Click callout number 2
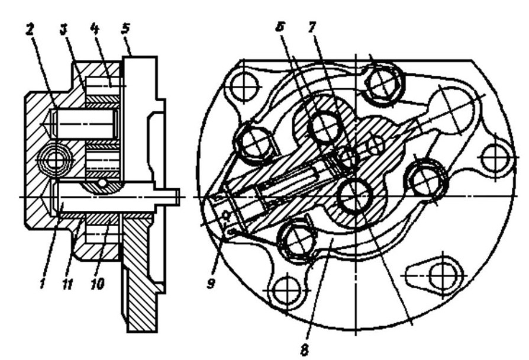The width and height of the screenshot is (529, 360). pos(30,30)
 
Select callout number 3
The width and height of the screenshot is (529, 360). pos(63,30)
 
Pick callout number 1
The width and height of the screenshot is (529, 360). pos(43,283)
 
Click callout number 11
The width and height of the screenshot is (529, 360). pos(67,284)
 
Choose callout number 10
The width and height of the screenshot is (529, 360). pos(98,284)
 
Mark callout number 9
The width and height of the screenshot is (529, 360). pos(211,283)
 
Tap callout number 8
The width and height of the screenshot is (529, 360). pos(304,349)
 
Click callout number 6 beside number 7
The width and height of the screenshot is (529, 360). pos(280,27)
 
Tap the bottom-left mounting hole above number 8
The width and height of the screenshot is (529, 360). pos(286,290)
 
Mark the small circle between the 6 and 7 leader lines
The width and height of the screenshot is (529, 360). pos(347,157)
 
